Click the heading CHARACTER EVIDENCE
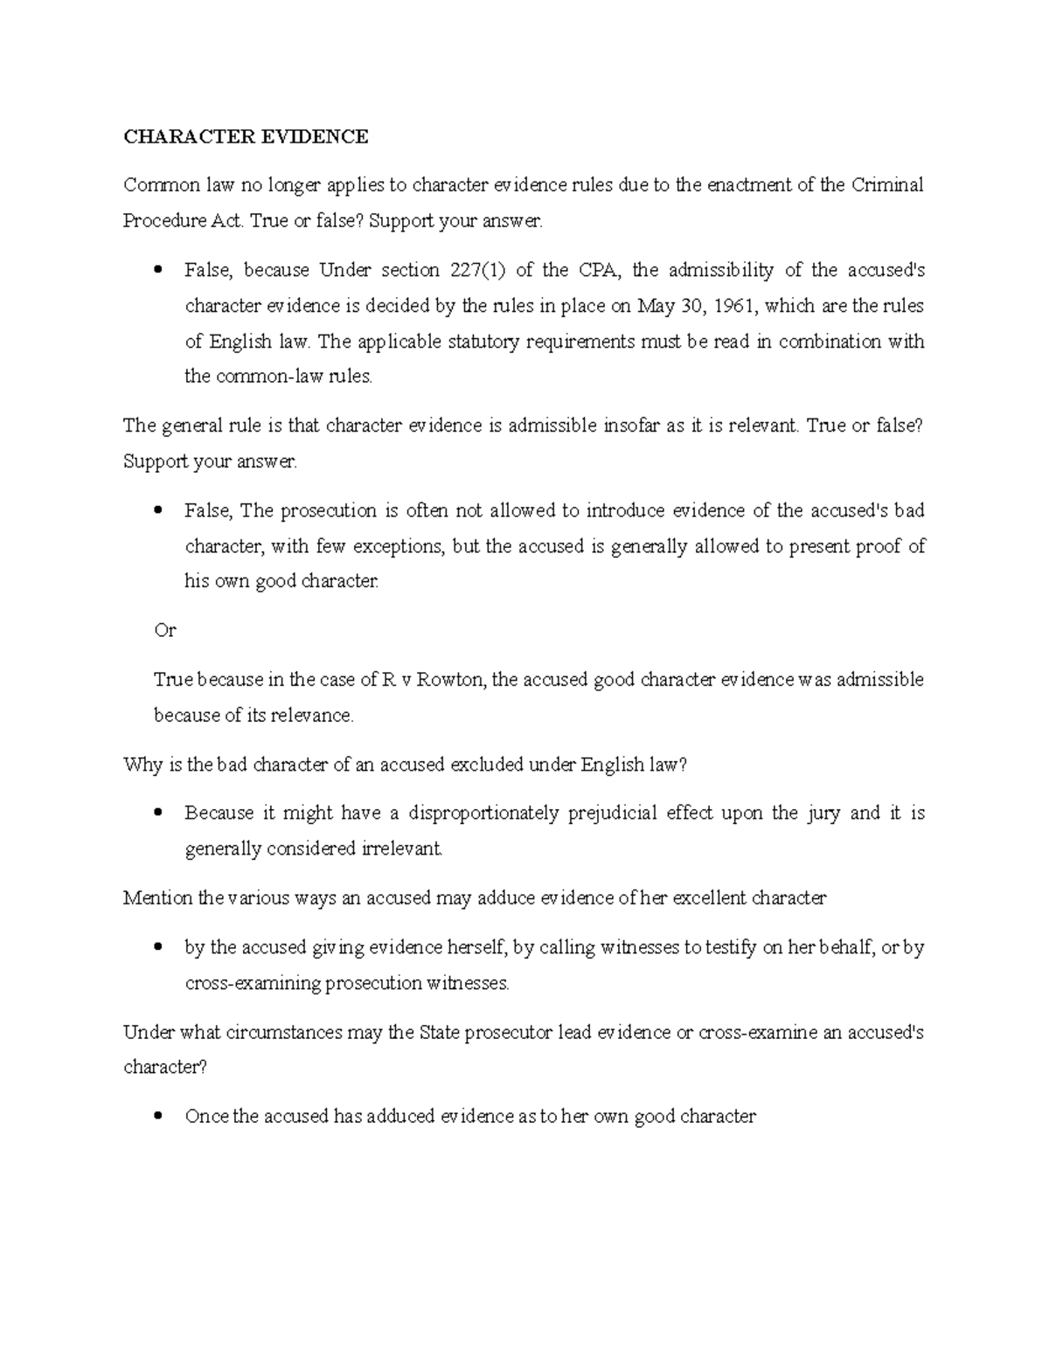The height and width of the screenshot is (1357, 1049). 246,137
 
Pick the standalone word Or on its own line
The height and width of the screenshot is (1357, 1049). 164,630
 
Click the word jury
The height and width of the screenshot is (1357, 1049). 822,814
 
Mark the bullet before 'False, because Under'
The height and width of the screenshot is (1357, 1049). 158,271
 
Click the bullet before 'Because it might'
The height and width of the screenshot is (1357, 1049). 158,814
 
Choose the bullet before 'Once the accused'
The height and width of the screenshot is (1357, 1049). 158,1117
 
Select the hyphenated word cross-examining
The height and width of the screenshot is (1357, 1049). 253,983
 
